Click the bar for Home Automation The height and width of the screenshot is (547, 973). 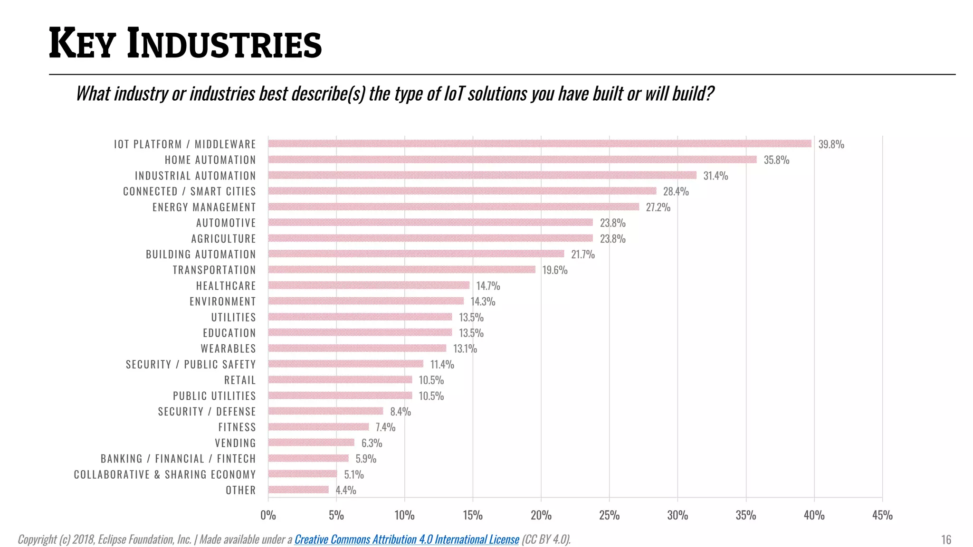[x=512, y=160]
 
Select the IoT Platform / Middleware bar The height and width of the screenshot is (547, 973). [x=540, y=144]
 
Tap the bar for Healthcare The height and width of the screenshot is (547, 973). [x=369, y=285]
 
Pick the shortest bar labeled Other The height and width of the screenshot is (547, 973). [x=298, y=490]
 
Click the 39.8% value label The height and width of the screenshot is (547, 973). [x=831, y=144]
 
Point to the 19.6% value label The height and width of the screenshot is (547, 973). [x=554, y=270]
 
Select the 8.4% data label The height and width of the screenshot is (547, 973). [x=400, y=412]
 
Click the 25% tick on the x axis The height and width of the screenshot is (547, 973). [x=609, y=516]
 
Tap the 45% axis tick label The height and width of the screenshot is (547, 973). [x=882, y=516]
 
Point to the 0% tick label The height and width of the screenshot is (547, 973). [x=268, y=516]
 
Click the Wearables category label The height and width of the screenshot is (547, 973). [x=228, y=349]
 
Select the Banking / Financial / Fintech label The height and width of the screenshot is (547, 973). [x=178, y=459]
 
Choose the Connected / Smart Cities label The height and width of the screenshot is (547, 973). [x=189, y=191]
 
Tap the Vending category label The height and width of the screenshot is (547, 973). [x=235, y=443]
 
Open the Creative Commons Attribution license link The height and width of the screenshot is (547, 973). [x=407, y=539]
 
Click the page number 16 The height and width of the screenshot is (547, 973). [x=946, y=540]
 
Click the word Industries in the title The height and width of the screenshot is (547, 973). [x=224, y=44]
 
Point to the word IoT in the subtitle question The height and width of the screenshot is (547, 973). [x=455, y=94]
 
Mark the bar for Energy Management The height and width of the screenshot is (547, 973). [x=454, y=207]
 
